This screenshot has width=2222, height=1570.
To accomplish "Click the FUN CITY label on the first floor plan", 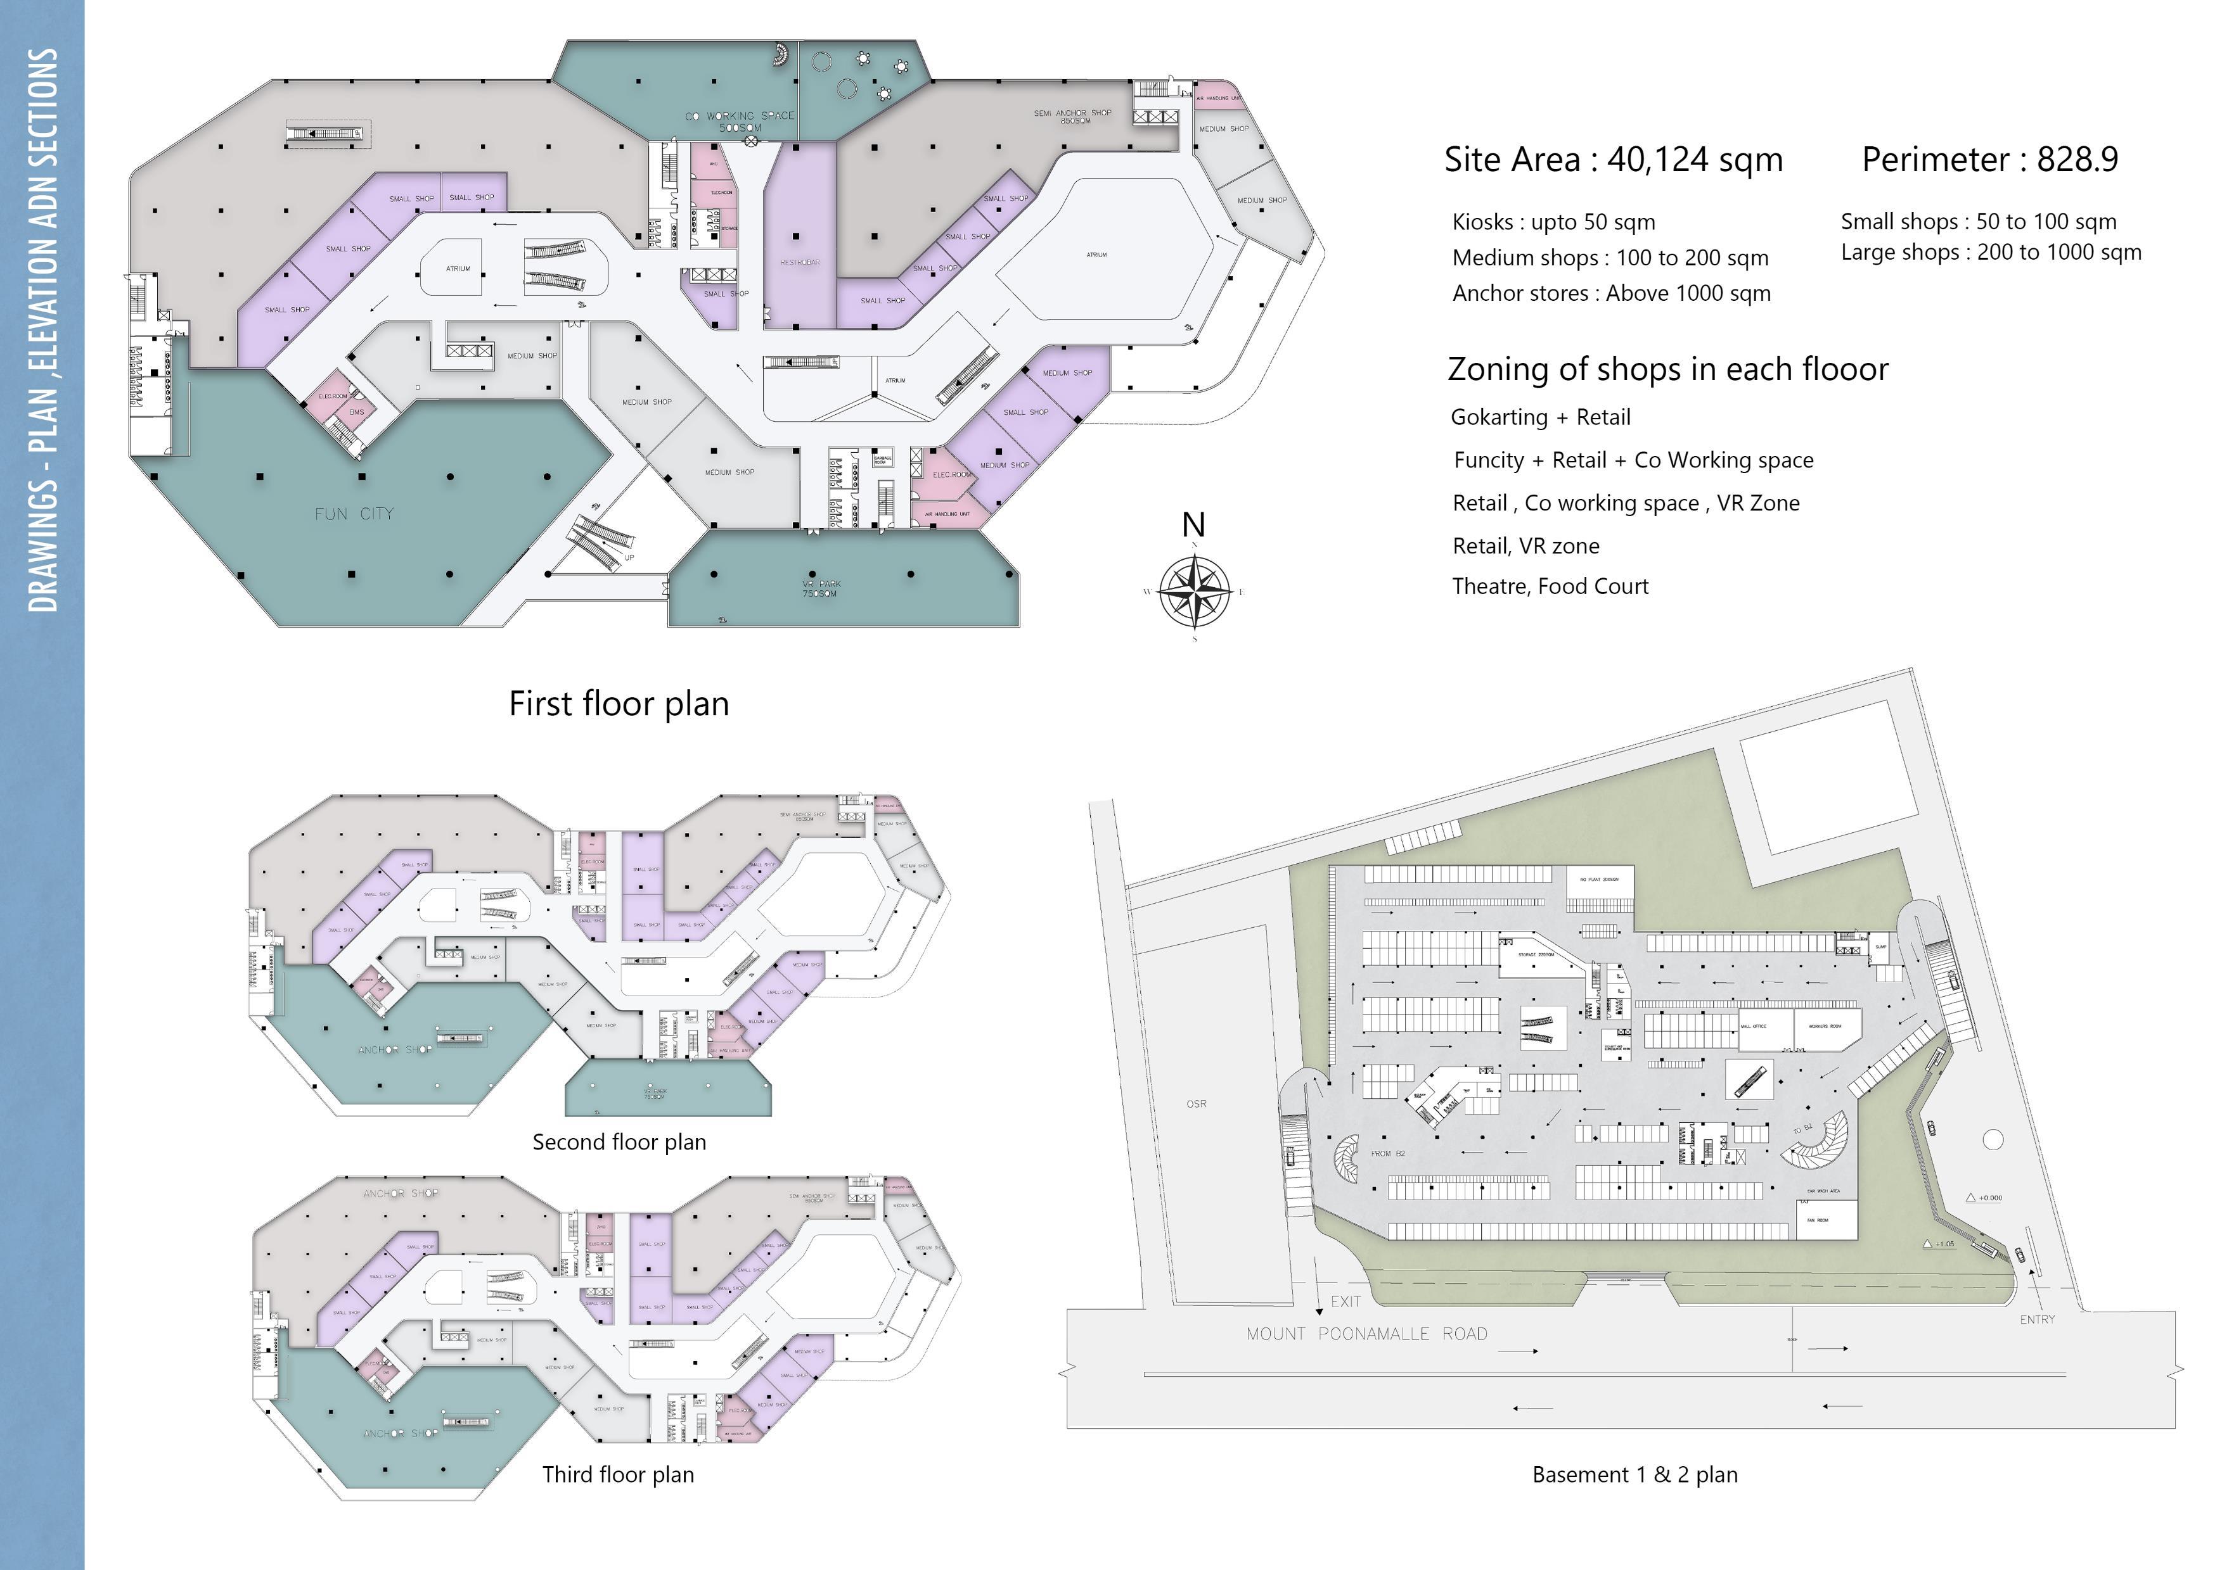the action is coord(354,514).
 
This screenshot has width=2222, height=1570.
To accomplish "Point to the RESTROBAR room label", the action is coord(799,262).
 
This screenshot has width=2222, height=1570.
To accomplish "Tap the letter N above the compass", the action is coord(1193,525).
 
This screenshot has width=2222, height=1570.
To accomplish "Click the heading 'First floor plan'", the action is coord(619,703).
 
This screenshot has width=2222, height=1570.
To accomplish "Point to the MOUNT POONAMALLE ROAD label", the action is coord(1366,1333).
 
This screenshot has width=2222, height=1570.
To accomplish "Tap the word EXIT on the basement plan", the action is coord(1345,1301).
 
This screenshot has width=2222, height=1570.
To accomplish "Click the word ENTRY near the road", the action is coord(2036,1319).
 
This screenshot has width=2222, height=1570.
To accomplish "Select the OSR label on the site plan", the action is coord(1196,1104).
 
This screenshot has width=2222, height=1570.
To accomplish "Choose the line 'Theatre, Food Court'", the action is coord(1550,586).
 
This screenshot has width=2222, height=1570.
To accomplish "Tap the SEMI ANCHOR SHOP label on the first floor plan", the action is coord(1072,116).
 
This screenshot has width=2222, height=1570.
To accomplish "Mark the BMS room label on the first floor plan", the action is coord(357,412).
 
